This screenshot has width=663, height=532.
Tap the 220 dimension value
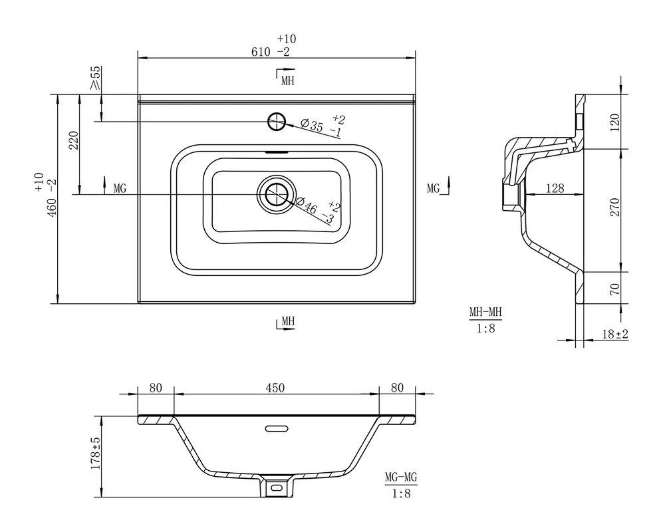click(74, 140)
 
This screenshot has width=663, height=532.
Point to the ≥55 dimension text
click(96, 77)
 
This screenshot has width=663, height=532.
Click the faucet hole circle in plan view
click(277, 122)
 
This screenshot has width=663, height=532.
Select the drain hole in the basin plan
click(277, 195)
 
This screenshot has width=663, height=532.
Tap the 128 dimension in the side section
click(555, 188)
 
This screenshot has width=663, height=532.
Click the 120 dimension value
click(615, 122)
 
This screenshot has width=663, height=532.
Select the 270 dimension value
click(615, 207)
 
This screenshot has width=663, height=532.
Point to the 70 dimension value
click(615, 289)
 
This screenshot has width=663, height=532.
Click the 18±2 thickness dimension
click(615, 334)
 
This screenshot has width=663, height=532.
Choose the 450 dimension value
click(275, 388)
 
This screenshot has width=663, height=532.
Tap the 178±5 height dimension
click(96, 453)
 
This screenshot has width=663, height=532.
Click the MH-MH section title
click(485, 313)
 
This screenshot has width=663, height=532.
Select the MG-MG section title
click(401, 477)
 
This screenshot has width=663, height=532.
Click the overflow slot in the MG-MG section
click(277, 428)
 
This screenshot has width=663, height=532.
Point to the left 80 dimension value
click(156, 388)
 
